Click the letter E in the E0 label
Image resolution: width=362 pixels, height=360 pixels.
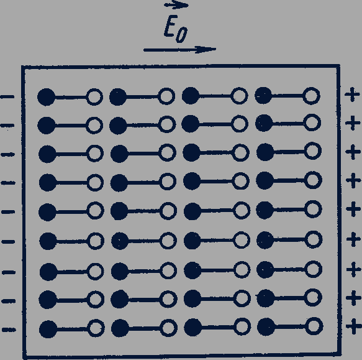(x=170, y=26)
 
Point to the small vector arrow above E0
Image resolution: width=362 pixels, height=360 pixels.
(x=176, y=5)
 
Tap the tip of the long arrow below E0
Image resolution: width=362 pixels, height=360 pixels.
(x=216, y=49)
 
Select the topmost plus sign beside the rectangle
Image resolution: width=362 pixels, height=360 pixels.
(x=352, y=95)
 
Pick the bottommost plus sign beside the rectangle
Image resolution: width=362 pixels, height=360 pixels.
(x=353, y=326)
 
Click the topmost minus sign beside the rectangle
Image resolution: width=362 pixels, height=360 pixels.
(x=7, y=97)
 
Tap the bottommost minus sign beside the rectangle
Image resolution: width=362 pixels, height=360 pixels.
(x=9, y=330)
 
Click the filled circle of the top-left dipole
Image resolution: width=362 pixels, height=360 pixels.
(x=47, y=97)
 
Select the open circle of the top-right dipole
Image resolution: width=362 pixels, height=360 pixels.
(x=311, y=96)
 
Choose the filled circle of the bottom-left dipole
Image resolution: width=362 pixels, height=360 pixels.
(x=48, y=330)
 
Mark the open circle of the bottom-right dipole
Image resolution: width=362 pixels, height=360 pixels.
(x=314, y=326)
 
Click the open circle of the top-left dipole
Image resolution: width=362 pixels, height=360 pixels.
(x=94, y=97)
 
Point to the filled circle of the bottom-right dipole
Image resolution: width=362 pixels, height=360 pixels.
(x=266, y=326)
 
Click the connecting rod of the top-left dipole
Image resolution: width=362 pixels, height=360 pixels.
(x=71, y=98)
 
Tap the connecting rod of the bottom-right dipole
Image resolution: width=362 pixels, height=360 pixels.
(x=290, y=326)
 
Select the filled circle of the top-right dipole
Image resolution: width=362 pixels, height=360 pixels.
(x=263, y=96)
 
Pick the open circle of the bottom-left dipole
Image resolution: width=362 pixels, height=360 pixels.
(x=96, y=328)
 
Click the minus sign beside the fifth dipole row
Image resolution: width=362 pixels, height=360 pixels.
(x=8, y=211)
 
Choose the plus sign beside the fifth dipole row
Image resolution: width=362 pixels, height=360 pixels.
(x=353, y=209)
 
